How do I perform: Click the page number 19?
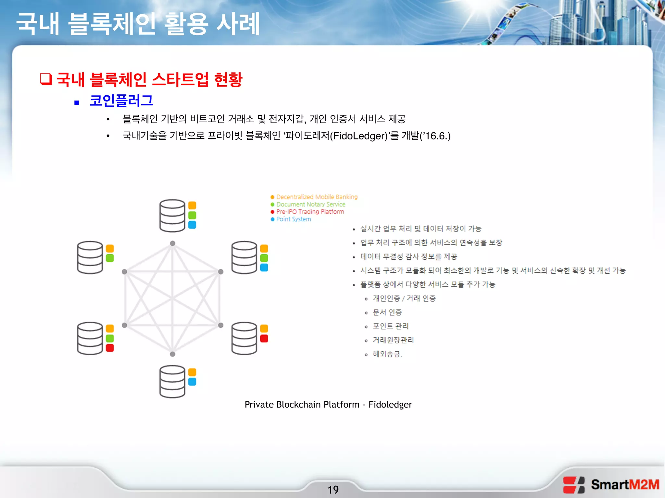[333, 489]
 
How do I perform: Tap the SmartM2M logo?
[611, 485]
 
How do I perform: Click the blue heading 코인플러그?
[121, 101]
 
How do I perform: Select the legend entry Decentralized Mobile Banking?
[317, 197]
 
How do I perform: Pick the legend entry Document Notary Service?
[310, 204]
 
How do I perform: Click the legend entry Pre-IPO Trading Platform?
[310, 212]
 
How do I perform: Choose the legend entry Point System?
[293, 219]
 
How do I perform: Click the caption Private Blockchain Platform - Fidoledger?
[328, 404]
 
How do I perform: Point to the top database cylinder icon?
[172, 216]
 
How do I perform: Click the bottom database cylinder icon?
[172, 381]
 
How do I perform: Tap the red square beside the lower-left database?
[110, 348]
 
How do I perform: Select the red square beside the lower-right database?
[264, 338]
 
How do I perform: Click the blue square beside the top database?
[192, 225]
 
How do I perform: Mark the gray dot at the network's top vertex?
[173, 243]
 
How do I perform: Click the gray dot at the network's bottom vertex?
[173, 354]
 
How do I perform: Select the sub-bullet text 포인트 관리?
[390, 326]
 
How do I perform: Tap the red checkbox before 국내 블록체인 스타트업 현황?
[46, 79]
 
